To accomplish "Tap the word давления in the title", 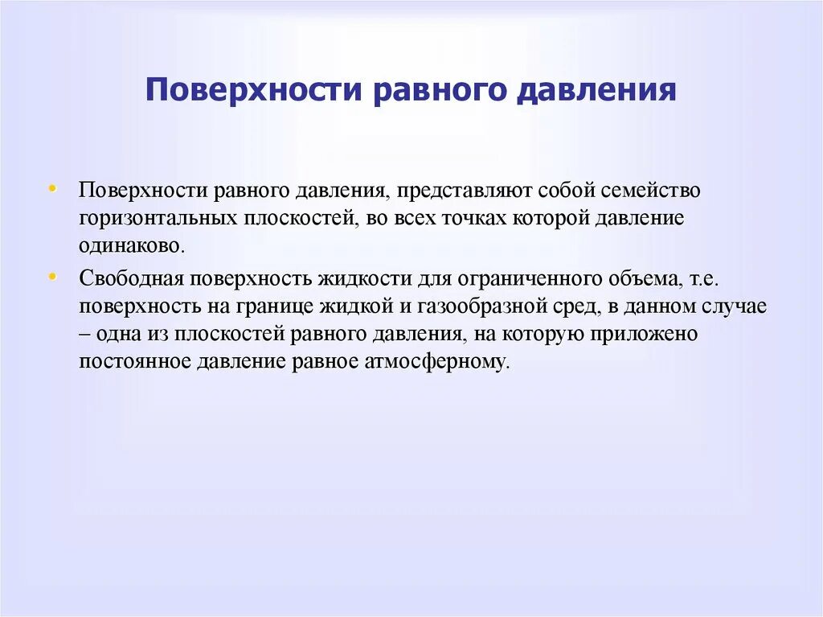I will (595, 89).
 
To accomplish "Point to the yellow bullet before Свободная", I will (52, 276).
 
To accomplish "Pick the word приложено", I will (655, 334).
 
